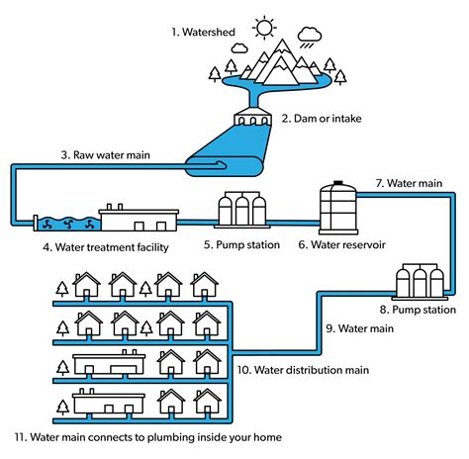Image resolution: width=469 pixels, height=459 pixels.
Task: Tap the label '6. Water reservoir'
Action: [x=342, y=244]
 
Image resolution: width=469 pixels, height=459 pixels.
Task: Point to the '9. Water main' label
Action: [x=359, y=327]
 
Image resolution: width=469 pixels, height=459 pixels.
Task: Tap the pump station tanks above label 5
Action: [x=242, y=210]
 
